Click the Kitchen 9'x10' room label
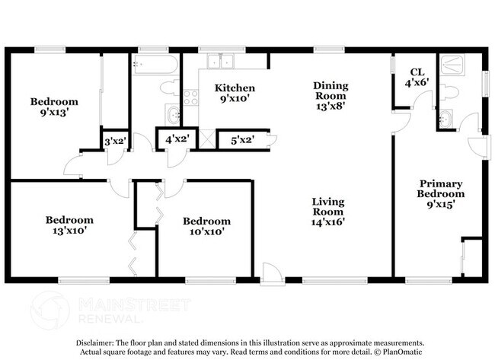(x=235, y=93)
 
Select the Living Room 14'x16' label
(x=328, y=212)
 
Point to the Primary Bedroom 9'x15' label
(x=442, y=193)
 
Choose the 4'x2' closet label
(x=175, y=139)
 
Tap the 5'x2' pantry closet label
(x=237, y=139)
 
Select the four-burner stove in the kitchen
(x=190, y=97)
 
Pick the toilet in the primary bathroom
(x=451, y=93)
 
